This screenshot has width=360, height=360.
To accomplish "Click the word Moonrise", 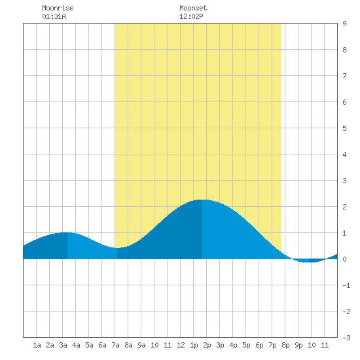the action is (x=58, y=8).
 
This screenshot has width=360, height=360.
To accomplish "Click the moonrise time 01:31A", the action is (x=54, y=16).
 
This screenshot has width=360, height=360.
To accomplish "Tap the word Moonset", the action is (x=193, y=8).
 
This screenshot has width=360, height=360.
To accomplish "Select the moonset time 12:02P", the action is (x=191, y=16).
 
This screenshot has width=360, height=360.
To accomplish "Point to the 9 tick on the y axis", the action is (x=344, y=24).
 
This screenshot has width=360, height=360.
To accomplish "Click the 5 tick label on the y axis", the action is (x=344, y=128).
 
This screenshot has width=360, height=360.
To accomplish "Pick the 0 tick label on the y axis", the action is (x=344, y=259).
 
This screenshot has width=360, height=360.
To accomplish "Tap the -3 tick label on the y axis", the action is (x=346, y=338).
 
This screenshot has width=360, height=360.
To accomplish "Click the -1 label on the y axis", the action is (x=346, y=285).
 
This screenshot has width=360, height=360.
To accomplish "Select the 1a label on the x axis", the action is (x=37, y=345).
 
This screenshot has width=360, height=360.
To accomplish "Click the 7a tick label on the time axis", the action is (x=115, y=345).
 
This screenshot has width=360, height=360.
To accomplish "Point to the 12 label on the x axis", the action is (x=181, y=345).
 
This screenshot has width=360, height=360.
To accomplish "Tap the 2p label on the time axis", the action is (x=207, y=345).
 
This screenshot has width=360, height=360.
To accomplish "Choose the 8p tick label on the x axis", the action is (x=285, y=345).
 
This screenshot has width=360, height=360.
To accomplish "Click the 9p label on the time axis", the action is (x=298, y=345).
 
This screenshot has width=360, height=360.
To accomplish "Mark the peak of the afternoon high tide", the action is (x=202, y=200).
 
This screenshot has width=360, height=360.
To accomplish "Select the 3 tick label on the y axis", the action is (x=344, y=181).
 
